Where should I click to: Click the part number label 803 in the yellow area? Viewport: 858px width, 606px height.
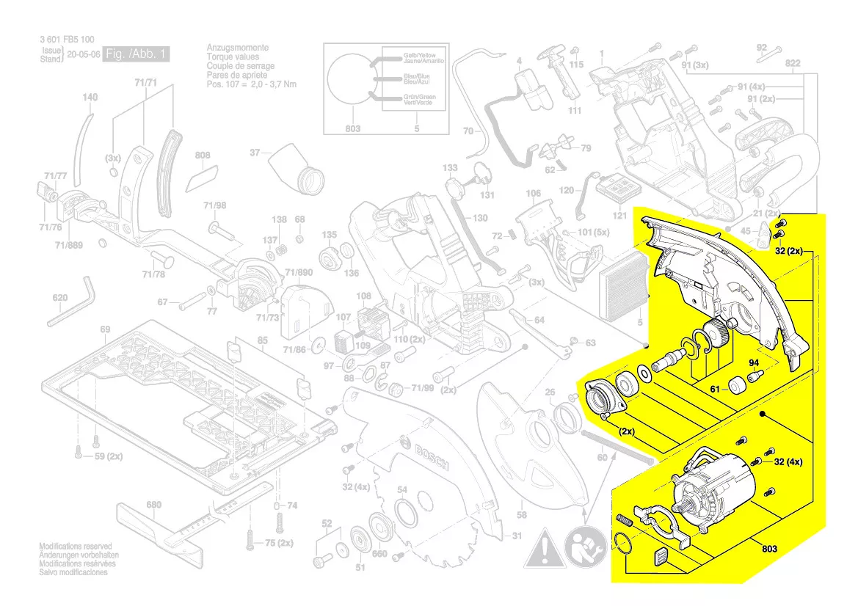(768, 549)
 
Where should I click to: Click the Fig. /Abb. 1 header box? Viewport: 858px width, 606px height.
(137, 55)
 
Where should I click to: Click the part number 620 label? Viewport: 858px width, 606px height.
(60, 298)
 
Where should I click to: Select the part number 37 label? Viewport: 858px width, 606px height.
(255, 153)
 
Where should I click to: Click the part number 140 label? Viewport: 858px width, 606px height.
(90, 98)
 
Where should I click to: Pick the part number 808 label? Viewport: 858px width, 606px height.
(203, 156)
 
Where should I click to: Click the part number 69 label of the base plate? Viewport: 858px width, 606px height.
(105, 330)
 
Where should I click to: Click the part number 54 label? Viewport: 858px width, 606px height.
(402, 489)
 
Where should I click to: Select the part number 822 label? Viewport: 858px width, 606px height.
(793, 64)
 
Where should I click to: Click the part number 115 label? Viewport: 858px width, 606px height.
(576, 65)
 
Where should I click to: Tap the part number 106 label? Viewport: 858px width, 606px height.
(534, 193)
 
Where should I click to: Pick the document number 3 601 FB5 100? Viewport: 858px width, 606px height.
(67, 40)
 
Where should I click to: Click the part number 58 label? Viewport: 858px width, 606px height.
(523, 514)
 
